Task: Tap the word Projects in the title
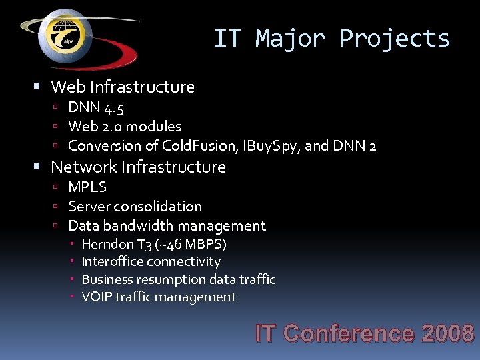click(395, 39)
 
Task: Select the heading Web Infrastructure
click(123, 87)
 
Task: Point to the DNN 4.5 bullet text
click(96, 107)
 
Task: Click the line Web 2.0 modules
click(125, 126)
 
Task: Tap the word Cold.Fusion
click(193, 145)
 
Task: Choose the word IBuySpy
click(261, 145)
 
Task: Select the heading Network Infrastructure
click(138, 167)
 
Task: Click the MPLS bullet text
click(87, 187)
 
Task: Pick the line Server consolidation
click(135, 207)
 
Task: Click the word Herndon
click(107, 244)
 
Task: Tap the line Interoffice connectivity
click(151, 262)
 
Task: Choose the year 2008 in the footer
click(448, 333)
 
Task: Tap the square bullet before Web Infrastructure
click(37, 87)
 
